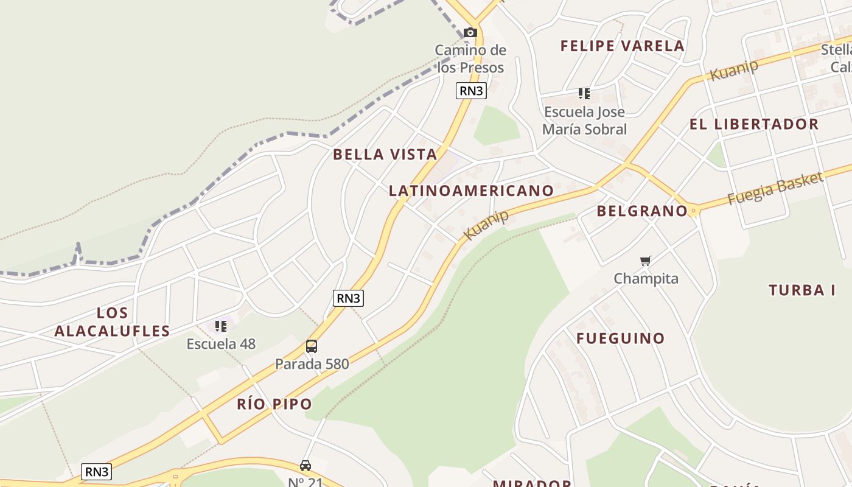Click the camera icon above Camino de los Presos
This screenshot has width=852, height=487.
(470, 32)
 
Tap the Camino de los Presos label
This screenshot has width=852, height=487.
(470, 58)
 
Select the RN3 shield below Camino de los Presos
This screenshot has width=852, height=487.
(471, 91)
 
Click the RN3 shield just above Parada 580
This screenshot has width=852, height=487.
(348, 298)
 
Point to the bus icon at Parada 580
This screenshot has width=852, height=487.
(312, 346)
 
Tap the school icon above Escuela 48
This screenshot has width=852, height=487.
(220, 326)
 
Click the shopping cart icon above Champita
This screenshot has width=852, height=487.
(645, 261)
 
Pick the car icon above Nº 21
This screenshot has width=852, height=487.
(306, 465)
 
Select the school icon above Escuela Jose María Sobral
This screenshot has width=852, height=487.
(584, 94)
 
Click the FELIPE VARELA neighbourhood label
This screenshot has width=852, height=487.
(622, 46)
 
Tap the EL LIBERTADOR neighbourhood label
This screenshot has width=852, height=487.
(753, 124)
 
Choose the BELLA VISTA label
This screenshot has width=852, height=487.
(385, 155)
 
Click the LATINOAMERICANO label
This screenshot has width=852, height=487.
(471, 191)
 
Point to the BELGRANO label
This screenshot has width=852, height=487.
(641, 211)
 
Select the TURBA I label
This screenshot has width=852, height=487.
(801, 290)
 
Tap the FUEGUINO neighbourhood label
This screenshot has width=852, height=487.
(620, 338)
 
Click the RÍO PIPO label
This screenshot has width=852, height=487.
(274, 404)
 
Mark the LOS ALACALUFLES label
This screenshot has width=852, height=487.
(112, 322)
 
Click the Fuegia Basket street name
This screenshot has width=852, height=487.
(775, 188)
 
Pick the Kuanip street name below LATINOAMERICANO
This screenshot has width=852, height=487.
(486, 225)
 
